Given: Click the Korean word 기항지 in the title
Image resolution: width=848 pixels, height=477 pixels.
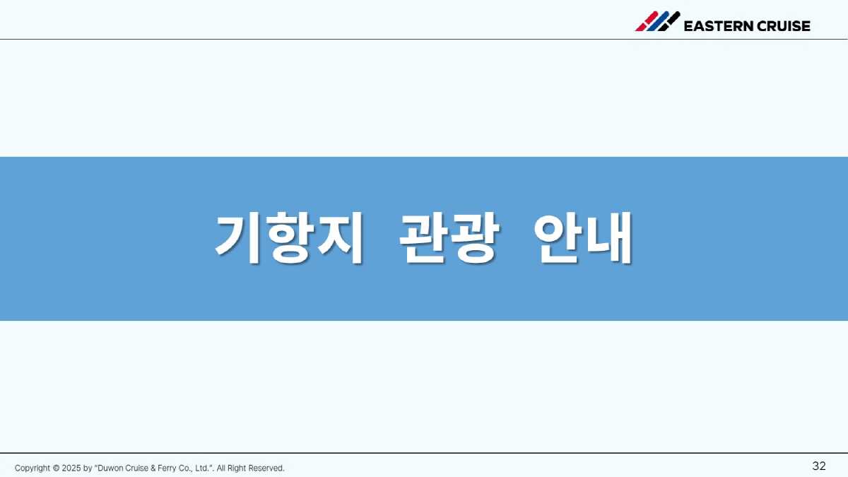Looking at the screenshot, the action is click(x=289, y=238).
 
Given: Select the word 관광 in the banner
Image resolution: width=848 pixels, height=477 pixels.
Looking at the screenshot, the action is click(x=449, y=238).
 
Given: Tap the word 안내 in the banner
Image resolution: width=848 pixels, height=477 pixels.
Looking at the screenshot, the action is click(x=583, y=238).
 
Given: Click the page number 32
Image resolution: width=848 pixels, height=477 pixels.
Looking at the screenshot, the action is click(x=819, y=466).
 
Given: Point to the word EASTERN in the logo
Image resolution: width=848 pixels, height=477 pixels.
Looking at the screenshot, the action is click(x=718, y=26).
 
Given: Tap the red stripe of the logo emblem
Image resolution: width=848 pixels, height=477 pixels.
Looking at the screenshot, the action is click(x=646, y=21).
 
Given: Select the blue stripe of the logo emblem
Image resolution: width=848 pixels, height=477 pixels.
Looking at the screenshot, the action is click(x=658, y=21).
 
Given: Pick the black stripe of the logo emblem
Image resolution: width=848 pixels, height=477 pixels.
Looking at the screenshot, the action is click(x=669, y=21).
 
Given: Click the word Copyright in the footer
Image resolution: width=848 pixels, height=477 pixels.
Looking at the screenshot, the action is click(x=33, y=469).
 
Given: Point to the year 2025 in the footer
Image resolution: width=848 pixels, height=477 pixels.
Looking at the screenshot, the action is click(x=71, y=469).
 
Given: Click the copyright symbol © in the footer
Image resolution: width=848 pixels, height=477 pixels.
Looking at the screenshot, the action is click(x=56, y=469).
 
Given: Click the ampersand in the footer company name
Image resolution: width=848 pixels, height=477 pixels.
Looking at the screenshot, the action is click(x=153, y=469).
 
